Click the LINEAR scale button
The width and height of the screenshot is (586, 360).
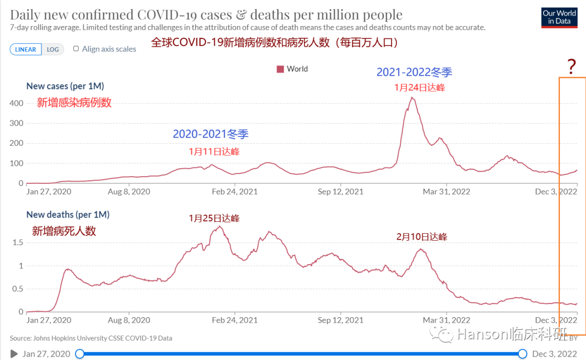pyautogui.click(x=26, y=49)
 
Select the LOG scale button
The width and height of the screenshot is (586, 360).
pyautogui.click(x=53, y=49)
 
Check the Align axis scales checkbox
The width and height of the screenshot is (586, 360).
pyautogui.click(x=76, y=49)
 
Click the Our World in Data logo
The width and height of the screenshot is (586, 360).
pyautogui.click(x=559, y=17)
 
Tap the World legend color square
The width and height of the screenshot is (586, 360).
pyautogui.click(x=281, y=69)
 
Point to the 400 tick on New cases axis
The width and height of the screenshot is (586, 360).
pyautogui.click(x=16, y=103)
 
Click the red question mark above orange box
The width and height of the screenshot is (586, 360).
pyautogui.click(x=571, y=67)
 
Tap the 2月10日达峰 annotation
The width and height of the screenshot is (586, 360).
pyautogui.click(x=422, y=237)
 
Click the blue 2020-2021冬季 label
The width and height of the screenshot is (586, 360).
pyautogui.click(x=211, y=134)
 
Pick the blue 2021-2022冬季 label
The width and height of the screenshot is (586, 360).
pyautogui.click(x=415, y=72)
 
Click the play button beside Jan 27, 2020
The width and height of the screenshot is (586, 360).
pyautogui.click(x=14, y=354)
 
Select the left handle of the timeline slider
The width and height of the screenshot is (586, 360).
pyautogui.click(x=80, y=354)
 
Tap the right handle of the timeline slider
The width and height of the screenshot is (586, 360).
pyautogui.click(x=523, y=354)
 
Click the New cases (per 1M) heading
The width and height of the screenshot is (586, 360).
pyautogui.click(x=65, y=86)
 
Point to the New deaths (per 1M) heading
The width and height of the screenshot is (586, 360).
pyautogui.click(x=68, y=215)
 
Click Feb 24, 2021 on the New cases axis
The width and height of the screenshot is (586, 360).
pyautogui.click(x=234, y=191)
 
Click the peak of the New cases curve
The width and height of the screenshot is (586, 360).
pyautogui.click(x=413, y=98)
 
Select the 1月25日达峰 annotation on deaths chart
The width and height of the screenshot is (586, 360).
pyautogui.click(x=214, y=218)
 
